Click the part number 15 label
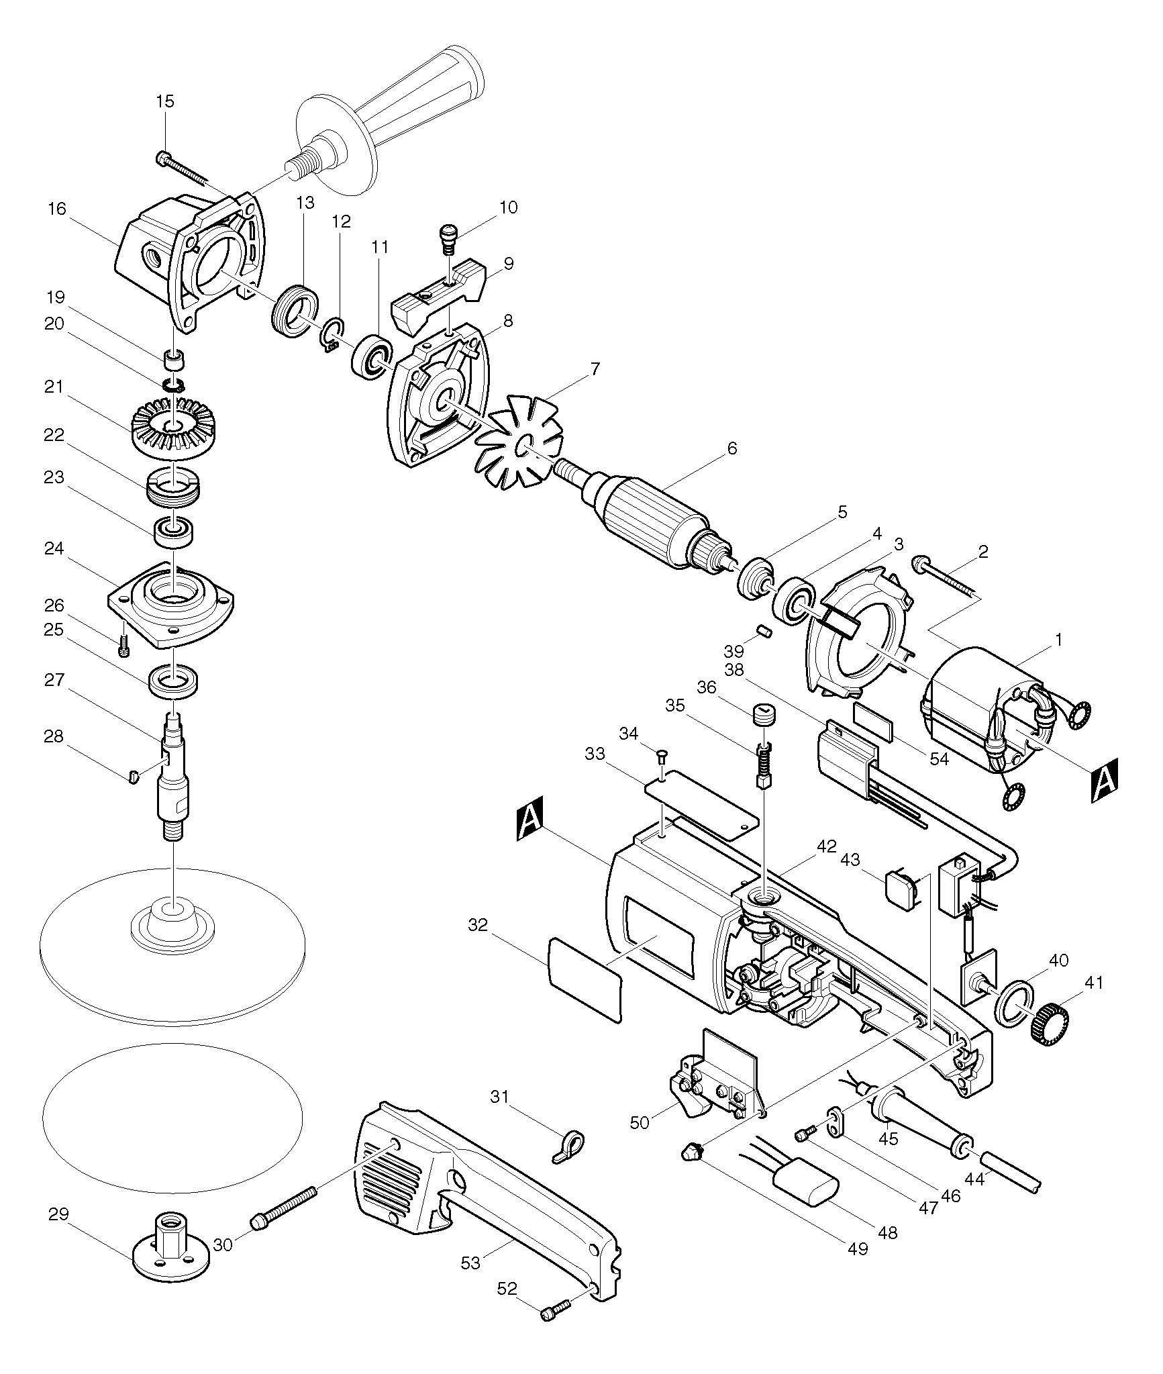pyautogui.click(x=164, y=101)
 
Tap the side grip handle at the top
pyautogui.click(x=389, y=121)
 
